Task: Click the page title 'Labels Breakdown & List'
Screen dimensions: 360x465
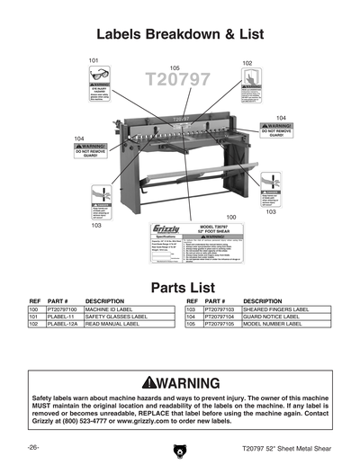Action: (x=179, y=35)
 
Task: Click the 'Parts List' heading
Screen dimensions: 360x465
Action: (x=179, y=288)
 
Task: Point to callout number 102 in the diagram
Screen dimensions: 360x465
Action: (x=247, y=63)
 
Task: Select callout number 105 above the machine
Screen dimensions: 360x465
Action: (x=175, y=67)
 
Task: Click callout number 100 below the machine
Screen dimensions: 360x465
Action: (x=231, y=217)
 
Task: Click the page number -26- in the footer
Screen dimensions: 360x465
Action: (x=32, y=447)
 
